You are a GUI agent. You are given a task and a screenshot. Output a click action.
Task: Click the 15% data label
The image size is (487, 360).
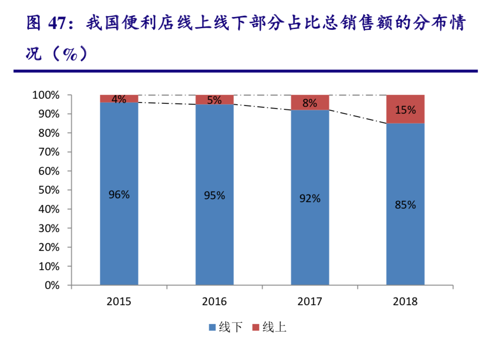click(405, 110)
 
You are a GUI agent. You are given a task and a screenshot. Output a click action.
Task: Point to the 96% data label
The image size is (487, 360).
click(119, 195)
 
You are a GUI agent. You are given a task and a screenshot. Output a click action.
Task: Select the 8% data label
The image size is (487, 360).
click(310, 103)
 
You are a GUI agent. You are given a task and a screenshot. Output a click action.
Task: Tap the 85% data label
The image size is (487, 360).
click(405, 205)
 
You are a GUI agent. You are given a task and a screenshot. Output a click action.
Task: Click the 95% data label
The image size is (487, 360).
click(214, 196)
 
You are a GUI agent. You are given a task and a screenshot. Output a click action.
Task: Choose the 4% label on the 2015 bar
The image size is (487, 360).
click(119, 99)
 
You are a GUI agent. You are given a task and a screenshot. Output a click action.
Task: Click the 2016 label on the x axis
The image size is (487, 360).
click(214, 301)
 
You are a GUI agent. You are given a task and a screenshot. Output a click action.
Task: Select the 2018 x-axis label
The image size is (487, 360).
click(405, 301)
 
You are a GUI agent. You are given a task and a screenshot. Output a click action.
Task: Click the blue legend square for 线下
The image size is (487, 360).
click(212, 328)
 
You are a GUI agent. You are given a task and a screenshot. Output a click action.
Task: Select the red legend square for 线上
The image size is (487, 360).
click(256, 328)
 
